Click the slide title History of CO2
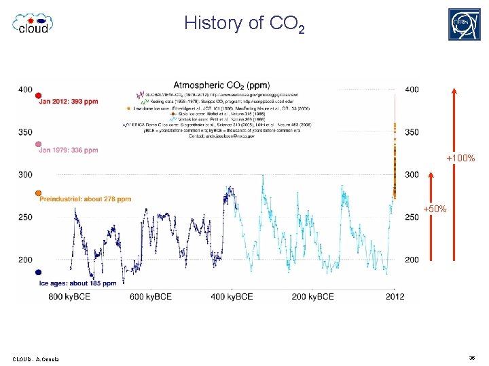tap(244, 24)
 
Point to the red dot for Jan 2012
tap(39, 95)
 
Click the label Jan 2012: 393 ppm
tap(69, 102)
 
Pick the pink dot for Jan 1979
tap(39, 144)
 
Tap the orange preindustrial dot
tap(39, 193)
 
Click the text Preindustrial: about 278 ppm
tap(85, 199)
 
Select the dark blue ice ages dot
tap(39, 272)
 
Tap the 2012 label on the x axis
tap(395, 296)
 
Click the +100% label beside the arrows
tap(460, 159)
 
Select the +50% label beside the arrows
tap(435, 209)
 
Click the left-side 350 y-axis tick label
tap(25, 132)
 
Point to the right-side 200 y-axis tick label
tap(412, 260)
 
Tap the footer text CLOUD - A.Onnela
tap(35, 359)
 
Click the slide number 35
tap(471, 357)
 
